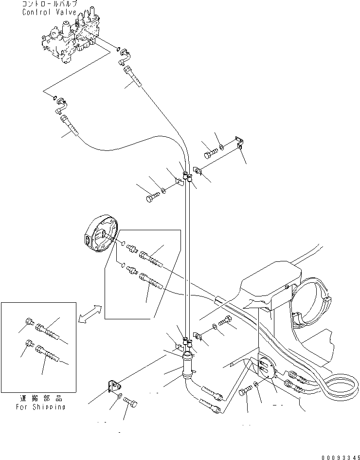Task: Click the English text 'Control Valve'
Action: click(x=49, y=12)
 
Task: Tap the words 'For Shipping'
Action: click(x=40, y=406)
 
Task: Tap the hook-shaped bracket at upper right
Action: click(x=238, y=143)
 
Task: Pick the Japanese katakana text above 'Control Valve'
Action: click(x=49, y=4)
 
